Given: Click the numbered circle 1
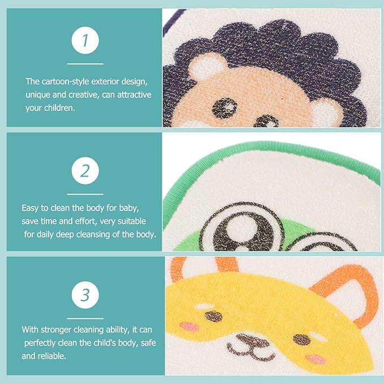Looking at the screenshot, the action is pos(85,40).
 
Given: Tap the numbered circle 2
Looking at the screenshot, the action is pos(85,171).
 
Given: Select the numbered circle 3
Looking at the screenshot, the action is pos(85,295).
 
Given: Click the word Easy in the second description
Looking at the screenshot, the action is pos(30,209).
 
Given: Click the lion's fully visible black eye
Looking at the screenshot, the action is pos(224,108).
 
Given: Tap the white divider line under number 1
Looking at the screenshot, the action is pos(85,64).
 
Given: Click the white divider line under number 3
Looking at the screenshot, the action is pos(85,318).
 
